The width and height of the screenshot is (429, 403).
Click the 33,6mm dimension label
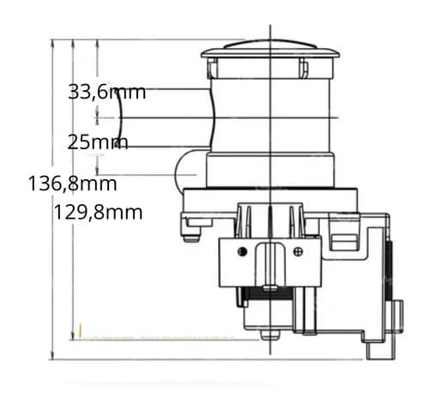106,92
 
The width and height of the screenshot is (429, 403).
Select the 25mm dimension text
97,142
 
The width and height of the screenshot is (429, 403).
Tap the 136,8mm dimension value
73,183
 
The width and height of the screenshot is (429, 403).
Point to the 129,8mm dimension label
98,213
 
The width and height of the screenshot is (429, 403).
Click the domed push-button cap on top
270,49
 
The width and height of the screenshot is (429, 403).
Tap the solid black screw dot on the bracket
242,251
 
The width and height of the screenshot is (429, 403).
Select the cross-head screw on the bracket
299,251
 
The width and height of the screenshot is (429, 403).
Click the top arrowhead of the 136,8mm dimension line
52,42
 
